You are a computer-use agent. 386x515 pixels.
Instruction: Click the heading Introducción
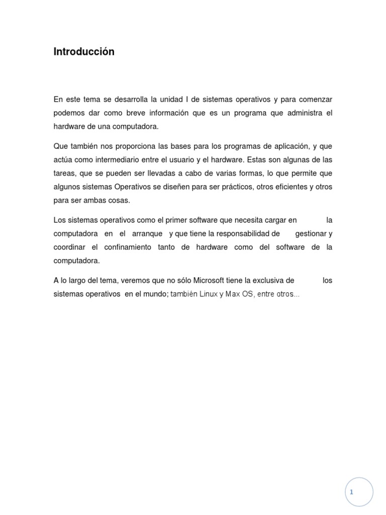(x=84, y=52)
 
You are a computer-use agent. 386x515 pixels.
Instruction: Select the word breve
(x=132, y=113)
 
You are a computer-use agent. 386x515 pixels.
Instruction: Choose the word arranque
(x=147, y=234)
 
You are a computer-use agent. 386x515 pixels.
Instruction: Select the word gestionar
(x=311, y=234)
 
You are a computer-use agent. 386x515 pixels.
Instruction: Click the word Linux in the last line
(x=208, y=294)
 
